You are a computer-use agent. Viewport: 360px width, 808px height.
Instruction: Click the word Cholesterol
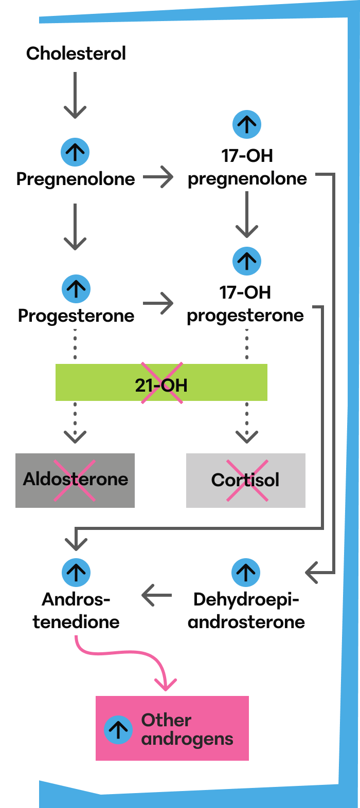tap(76, 53)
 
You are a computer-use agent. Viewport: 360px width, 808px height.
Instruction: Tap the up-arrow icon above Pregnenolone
tap(75, 152)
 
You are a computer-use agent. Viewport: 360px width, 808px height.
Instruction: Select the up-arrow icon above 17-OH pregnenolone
tap(247, 124)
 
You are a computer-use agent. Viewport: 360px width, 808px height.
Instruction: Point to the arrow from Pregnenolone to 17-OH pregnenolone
tap(158, 177)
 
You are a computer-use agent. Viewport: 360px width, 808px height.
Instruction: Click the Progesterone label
tap(76, 316)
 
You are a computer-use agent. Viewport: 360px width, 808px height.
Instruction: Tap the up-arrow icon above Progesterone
tap(76, 289)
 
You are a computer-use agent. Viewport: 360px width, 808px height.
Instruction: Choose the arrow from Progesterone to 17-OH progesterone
tap(158, 303)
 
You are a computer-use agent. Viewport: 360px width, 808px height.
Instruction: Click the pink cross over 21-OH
tap(162, 383)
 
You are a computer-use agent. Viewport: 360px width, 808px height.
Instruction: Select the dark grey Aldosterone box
tap(75, 481)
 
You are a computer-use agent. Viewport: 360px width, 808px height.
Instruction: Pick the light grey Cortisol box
tap(246, 481)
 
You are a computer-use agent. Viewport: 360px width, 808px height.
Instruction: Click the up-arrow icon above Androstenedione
tap(76, 573)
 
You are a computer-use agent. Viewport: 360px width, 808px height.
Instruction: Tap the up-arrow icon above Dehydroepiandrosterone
tap(246, 573)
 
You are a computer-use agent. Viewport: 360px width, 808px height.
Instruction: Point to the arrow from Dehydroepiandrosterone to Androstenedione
tap(156, 596)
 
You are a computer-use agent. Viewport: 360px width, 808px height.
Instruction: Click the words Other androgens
tap(187, 729)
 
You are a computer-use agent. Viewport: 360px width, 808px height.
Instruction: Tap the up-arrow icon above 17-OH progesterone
tap(247, 261)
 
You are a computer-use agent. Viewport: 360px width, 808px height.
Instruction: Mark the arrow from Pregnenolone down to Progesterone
tap(75, 227)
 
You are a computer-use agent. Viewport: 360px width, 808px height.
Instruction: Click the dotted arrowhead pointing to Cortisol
tap(247, 437)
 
